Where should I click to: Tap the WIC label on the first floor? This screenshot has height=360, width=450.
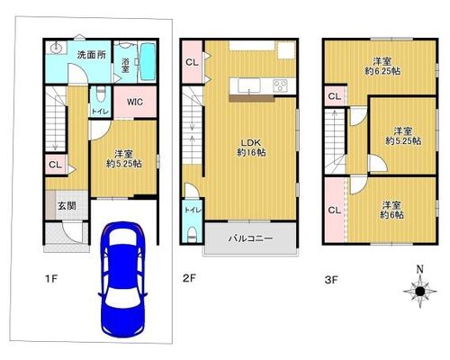(x=135, y=102)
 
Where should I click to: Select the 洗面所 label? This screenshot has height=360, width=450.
(x=92, y=55)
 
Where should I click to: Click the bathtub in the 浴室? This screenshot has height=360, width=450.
(x=148, y=61)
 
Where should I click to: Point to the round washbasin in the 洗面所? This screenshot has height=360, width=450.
(x=55, y=48)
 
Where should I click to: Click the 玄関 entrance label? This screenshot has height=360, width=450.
(x=67, y=206)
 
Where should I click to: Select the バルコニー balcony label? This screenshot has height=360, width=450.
(x=251, y=238)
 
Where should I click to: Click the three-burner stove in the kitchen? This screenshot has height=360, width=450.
(x=280, y=85)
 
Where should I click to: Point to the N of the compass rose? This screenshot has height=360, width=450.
(x=420, y=269)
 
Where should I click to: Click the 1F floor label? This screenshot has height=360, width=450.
(x=51, y=279)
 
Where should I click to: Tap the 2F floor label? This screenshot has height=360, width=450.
(x=189, y=278)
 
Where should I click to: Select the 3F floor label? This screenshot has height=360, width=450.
(x=331, y=280)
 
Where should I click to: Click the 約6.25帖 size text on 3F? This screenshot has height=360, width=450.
(x=382, y=71)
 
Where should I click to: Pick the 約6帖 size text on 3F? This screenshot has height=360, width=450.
(x=391, y=215)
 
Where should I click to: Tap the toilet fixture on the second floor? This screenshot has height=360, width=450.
(x=192, y=234)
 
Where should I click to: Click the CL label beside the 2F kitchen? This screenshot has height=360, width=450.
(x=192, y=62)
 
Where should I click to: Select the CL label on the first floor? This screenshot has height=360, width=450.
(x=55, y=165)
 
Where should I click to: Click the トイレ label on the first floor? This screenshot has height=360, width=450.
(x=100, y=112)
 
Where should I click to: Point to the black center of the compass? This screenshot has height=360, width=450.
(x=420, y=291)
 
